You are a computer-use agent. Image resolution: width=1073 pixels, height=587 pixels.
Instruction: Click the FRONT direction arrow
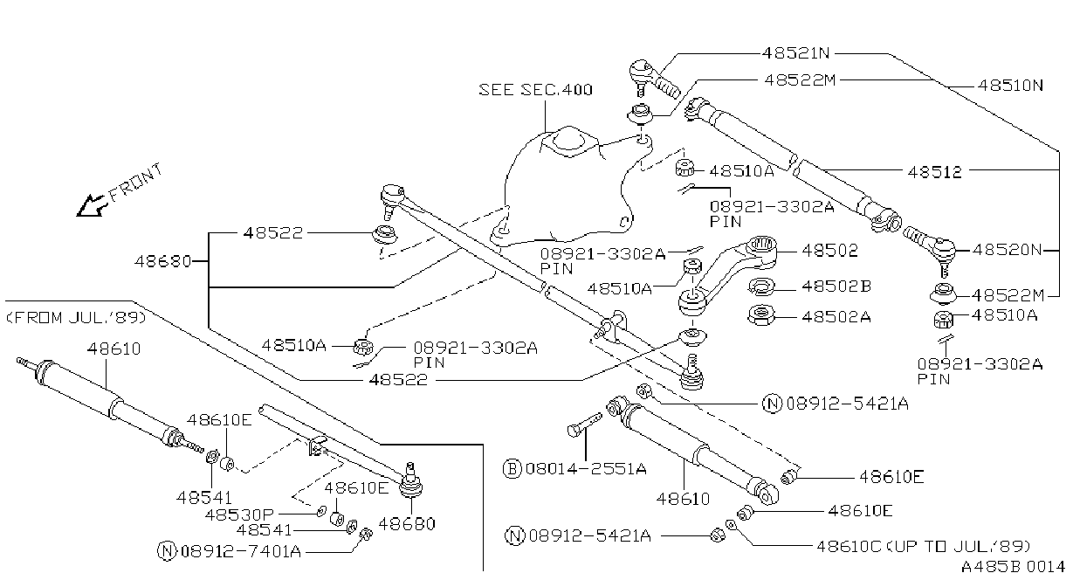coord(91,205)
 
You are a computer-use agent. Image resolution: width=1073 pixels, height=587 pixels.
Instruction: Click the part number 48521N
coord(795,52)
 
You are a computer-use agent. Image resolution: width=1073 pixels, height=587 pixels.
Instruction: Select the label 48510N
coord(1010,86)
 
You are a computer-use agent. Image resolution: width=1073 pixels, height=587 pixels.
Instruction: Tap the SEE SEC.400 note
coord(535,90)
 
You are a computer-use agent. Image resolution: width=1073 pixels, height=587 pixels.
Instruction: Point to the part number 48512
coord(934,172)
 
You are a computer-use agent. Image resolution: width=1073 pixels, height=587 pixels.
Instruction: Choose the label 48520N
coord(1007,250)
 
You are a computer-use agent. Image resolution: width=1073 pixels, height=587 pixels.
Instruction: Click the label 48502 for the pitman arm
coord(829,251)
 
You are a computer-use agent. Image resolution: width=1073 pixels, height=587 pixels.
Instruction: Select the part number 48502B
coord(836,286)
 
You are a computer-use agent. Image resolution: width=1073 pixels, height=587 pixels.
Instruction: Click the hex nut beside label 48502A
coord(760,316)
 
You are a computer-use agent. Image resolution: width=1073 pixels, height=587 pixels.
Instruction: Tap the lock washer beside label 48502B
coord(761,287)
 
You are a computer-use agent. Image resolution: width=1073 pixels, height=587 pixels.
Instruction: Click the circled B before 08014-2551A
coord(512,468)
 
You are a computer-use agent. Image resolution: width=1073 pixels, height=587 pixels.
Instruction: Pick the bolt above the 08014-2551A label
coord(584,424)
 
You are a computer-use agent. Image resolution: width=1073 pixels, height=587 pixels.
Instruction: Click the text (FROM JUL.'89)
coord(76,318)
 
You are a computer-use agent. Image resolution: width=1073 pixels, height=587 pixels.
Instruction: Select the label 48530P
coord(239,515)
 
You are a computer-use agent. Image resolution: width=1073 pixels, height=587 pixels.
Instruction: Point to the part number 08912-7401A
coord(241,551)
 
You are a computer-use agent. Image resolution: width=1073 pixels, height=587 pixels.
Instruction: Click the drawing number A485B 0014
coord(1012,567)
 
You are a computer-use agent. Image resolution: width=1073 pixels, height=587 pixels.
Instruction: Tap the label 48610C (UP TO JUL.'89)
coord(923,546)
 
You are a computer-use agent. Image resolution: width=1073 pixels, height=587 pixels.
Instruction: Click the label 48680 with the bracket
coord(163,262)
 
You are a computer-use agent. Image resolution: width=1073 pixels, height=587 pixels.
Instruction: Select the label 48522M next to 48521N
coord(800,80)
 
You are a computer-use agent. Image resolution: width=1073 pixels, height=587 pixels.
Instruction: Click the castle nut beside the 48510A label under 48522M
coord(943,320)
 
